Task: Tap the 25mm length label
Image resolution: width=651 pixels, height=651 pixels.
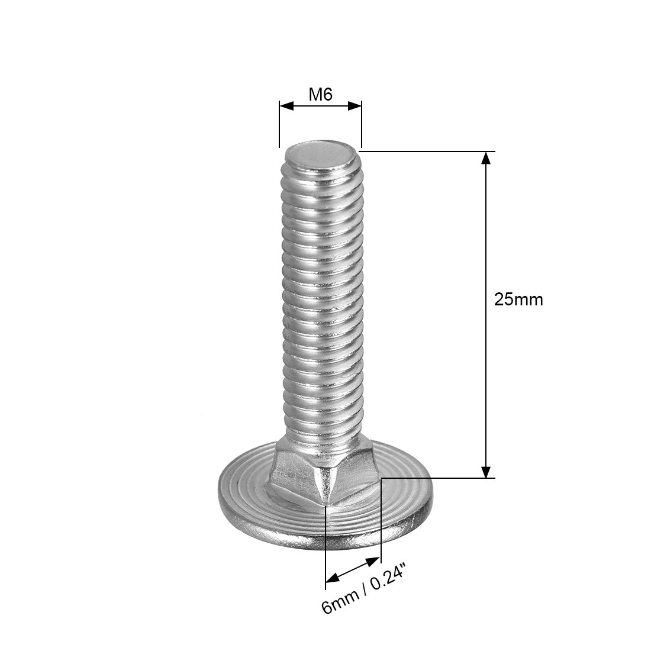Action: [x=518, y=299]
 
